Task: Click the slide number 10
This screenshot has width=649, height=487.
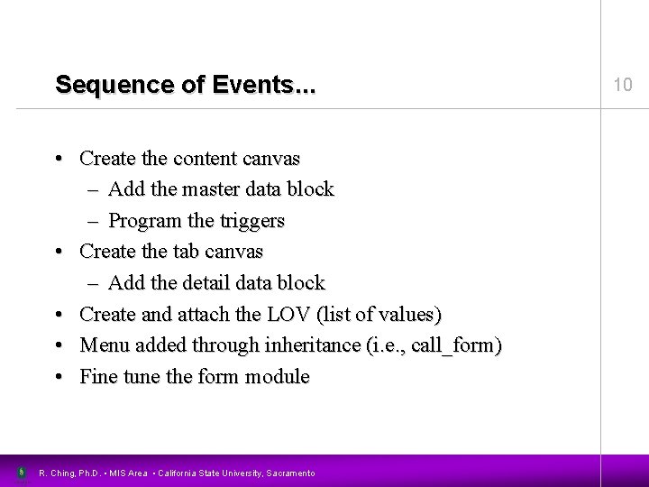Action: (623, 85)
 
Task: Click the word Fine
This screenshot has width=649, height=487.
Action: (98, 376)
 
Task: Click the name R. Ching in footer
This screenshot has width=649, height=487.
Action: (58, 472)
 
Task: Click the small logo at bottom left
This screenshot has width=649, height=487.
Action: (21, 472)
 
